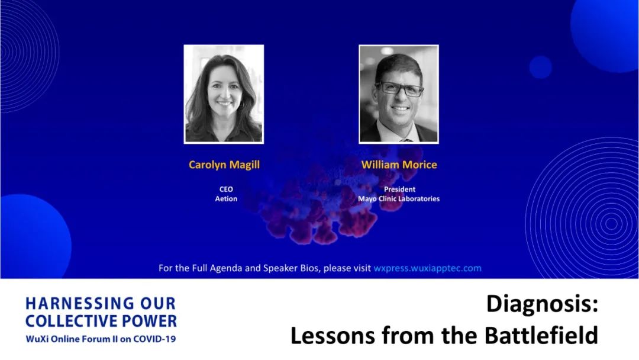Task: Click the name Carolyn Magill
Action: pyautogui.click(x=224, y=165)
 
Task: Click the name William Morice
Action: pyautogui.click(x=399, y=165)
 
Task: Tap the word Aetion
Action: pyautogui.click(x=226, y=199)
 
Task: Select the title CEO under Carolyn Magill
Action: pyautogui.click(x=226, y=189)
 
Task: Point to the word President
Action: pyautogui.click(x=399, y=189)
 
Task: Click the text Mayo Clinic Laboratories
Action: pyautogui.click(x=399, y=199)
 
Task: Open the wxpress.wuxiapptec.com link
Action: pyautogui.click(x=428, y=268)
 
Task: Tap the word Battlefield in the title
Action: pyautogui.click(x=541, y=336)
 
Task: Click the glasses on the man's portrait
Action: pyautogui.click(x=400, y=88)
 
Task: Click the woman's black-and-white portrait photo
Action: pyautogui.click(x=224, y=94)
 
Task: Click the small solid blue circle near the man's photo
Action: pyautogui.click(x=541, y=67)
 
